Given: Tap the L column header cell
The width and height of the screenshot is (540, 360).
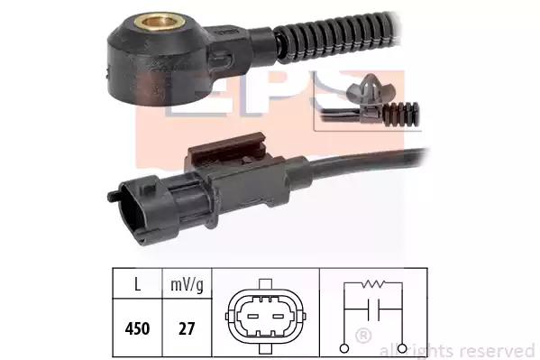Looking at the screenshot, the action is (137, 284).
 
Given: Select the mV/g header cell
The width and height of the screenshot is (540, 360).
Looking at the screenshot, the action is (187, 284).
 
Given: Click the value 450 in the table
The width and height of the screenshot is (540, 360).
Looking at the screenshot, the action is (137, 328).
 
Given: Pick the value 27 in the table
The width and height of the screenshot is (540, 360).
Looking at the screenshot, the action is (187, 328).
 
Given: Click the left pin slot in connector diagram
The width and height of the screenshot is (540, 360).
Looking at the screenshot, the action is (253, 316).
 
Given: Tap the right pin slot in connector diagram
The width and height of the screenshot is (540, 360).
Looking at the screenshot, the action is (278, 316).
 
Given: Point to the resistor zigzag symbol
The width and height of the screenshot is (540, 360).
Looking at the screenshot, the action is (373, 284).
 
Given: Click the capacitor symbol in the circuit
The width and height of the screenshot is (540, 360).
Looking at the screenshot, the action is (373, 309).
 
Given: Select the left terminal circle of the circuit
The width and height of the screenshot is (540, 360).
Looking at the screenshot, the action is (344, 348).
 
